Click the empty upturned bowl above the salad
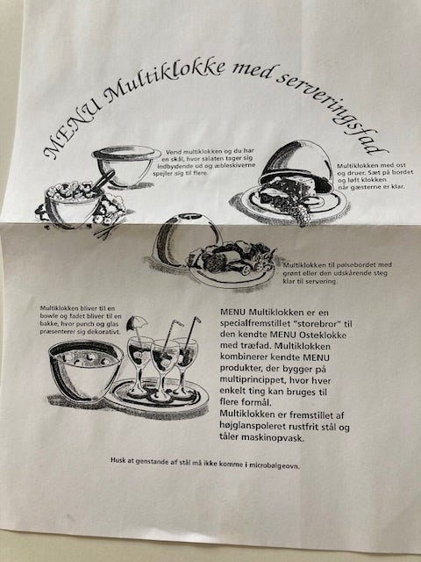[x=126, y=165]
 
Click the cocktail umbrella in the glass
[x=137, y=322]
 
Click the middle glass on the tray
[x=164, y=369]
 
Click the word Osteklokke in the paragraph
[x=318, y=335]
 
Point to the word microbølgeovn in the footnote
[x=275, y=466]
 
